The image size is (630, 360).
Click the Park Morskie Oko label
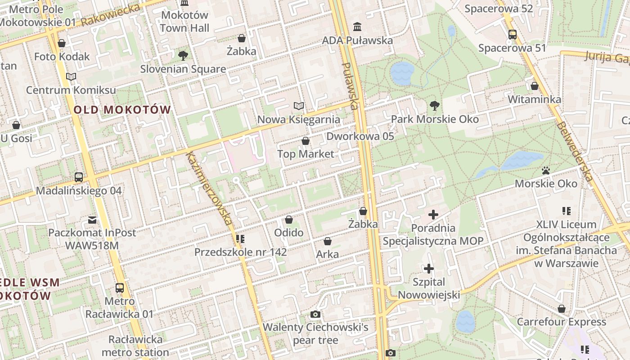pyautogui.click(x=435, y=119)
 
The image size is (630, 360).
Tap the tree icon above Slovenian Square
pyautogui.click(x=183, y=56)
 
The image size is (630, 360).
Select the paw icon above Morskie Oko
pyautogui.click(x=546, y=171)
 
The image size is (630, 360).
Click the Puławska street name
pyautogui.click(x=350, y=86)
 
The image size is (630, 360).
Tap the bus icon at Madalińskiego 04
pyautogui.click(x=79, y=177)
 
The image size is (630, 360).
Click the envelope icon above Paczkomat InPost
pyautogui.click(x=92, y=220)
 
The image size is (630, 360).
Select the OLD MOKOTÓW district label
pyautogui.click(x=122, y=109)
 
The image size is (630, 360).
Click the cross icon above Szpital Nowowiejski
pyautogui.click(x=429, y=269)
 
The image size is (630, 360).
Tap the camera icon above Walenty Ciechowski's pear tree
pyautogui.click(x=315, y=314)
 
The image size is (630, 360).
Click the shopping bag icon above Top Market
pyautogui.click(x=306, y=141)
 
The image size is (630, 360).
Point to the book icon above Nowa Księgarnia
pyautogui.click(x=298, y=106)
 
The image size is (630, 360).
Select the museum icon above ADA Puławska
pyautogui.click(x=357, y=27)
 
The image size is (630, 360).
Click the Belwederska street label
pyautogui.click(x=574, y=152)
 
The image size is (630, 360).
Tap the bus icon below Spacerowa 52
pyautogui.click(x=512, y=35)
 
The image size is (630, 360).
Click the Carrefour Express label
pyautogui.click(x=561, y=322)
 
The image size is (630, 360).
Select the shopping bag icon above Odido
pyautogui.click(x=289, y=220)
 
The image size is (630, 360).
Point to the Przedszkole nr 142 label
pyautogui.click(x=240, y=252)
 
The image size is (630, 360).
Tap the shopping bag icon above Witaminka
pyautogui.click(x=535, y=86)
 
